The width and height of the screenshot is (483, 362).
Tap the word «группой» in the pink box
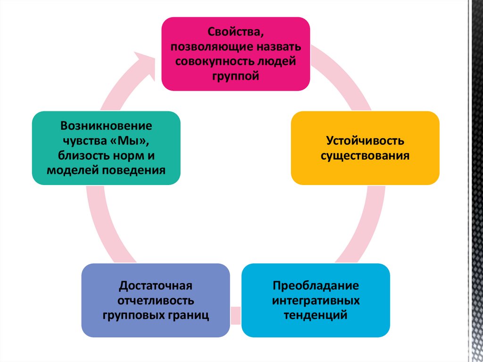coord(236,76)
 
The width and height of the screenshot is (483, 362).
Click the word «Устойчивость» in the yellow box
coord(365,141)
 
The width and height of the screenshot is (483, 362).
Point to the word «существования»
coord(365,155)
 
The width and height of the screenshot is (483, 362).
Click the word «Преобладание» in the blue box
coord(316,286)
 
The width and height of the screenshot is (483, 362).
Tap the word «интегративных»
coord(316,301)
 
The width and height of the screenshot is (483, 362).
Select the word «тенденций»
coord(316,314)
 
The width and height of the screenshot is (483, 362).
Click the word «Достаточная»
coord(155,286)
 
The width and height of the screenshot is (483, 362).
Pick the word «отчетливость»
coord(155,301)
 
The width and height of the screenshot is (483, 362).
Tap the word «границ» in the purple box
coord(188,315)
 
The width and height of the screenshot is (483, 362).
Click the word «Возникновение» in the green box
coord(106,126)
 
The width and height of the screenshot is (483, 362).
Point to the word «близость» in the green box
coord(81,155)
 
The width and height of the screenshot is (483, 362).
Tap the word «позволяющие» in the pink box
coord(208,48)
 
